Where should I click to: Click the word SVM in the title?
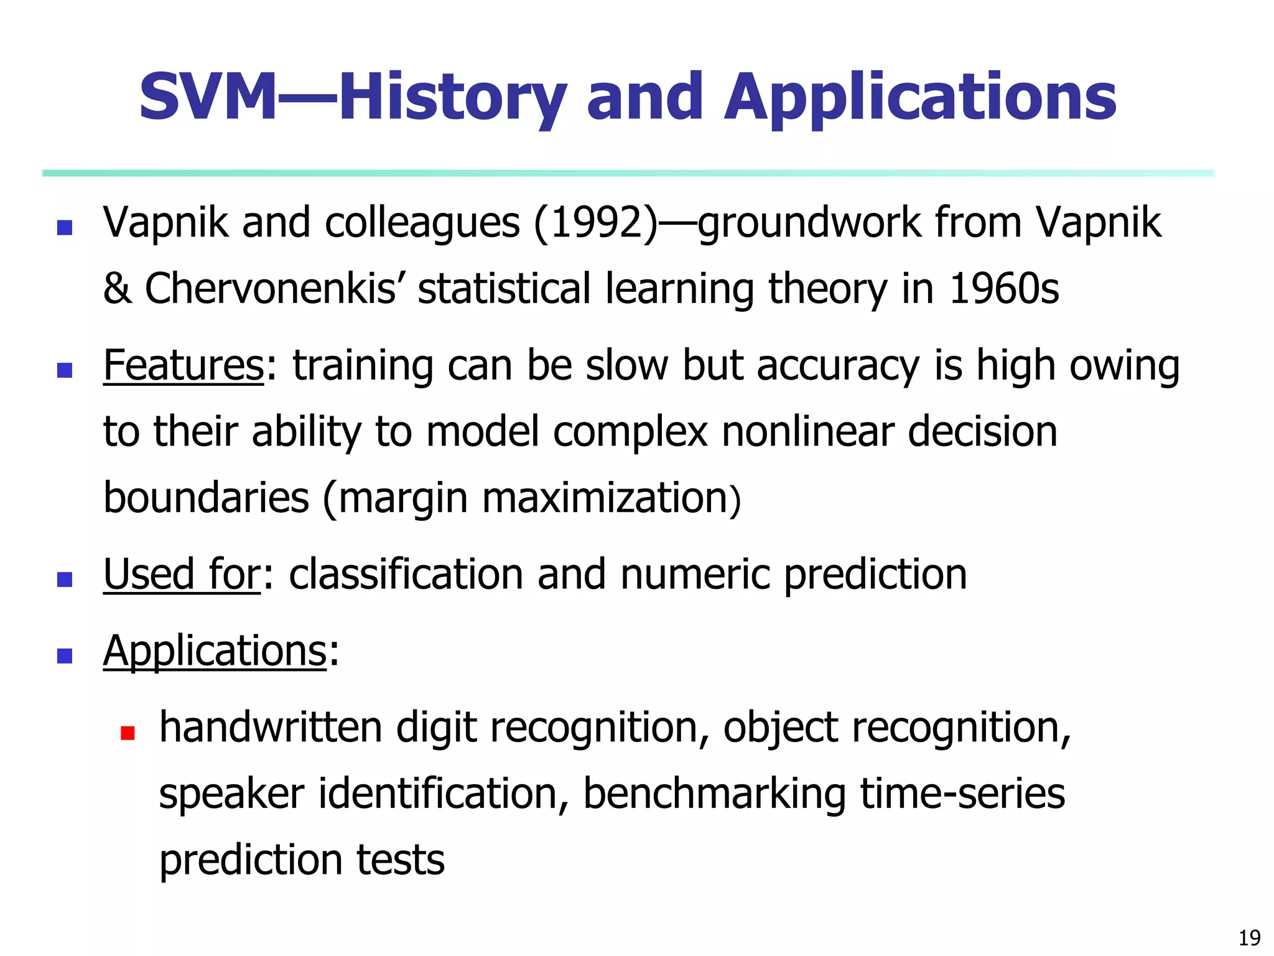click(x=207, y=97)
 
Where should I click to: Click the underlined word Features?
click(x=184, y=365)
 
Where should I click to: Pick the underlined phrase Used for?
click(x=182, y=574)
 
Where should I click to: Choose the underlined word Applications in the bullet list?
click(x=215, y=651)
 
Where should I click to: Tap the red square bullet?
click(x=128, y=733)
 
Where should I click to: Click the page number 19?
click(x=1250, y=937)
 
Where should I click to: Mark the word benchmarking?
click(x=714, y=795)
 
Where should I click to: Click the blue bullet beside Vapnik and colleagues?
click(x=65, y=227)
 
